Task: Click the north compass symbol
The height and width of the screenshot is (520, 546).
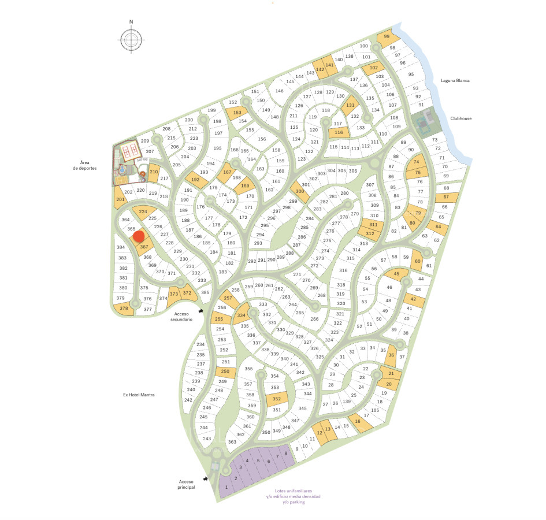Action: tap(132, 39)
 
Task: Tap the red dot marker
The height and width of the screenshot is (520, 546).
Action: tap(138, 236)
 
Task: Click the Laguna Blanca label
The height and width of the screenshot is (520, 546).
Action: tap(454, 81)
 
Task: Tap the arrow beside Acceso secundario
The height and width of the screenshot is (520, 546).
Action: tap(200, 312)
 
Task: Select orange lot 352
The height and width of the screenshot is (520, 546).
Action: tap(277, 399)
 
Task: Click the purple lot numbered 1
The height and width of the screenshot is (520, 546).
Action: tap(226, 488)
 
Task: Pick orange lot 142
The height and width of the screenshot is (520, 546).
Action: tap(320, 69)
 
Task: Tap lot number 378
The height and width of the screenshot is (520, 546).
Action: tap(124, 309)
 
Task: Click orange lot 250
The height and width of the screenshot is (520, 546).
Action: tap(225, 372)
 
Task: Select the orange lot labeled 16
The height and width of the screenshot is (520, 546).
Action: tap(358, 422)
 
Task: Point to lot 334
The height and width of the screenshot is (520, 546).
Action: tap(242, 315)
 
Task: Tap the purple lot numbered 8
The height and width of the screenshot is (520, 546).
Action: tap(285, 454)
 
